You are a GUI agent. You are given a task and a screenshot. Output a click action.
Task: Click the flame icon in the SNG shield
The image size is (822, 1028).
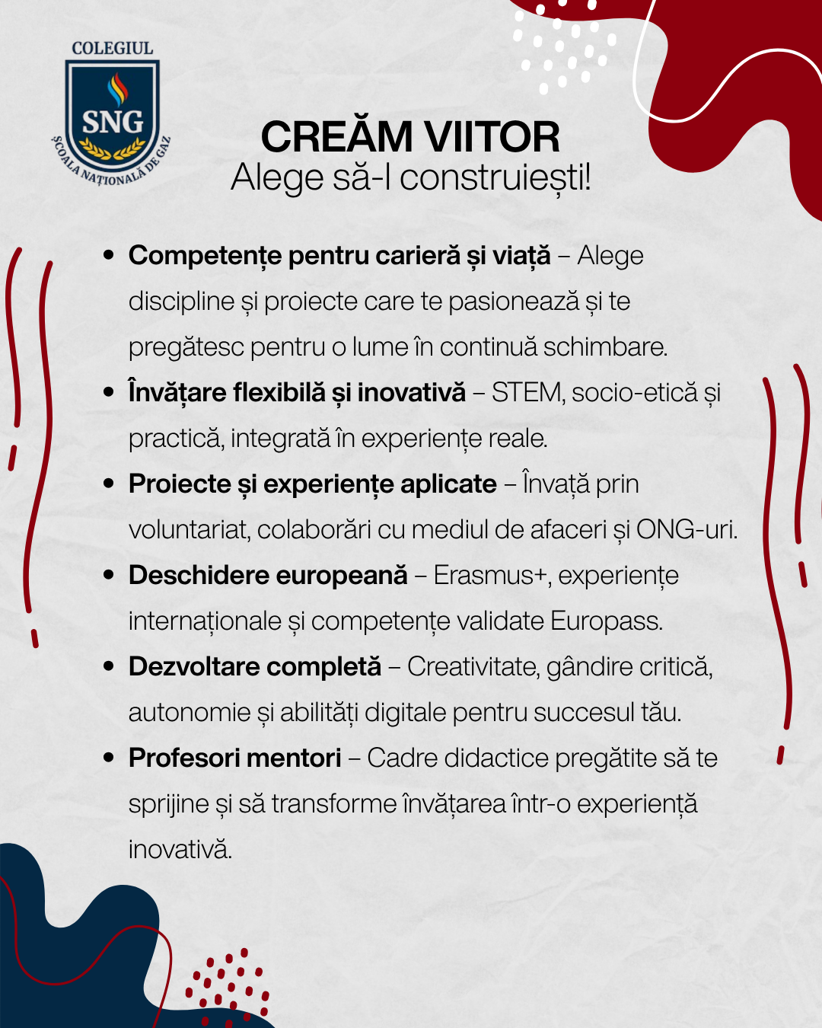pyautogui.click(x=117, y=89)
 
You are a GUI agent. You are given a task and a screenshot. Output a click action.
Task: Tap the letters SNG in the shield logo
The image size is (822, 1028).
pyautogui.click(x=113, y=122)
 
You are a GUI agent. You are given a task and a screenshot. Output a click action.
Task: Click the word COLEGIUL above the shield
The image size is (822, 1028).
pyautogui.click(x=112, y=48)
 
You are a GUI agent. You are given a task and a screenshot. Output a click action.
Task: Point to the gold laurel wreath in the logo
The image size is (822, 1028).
pyautogui.click(x=112, y=148)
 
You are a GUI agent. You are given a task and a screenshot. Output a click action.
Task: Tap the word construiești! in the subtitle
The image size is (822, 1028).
pyautogui.click(x=495, y=177)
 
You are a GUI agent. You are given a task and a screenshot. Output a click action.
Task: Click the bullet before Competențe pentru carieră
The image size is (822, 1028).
pyautogui.click(x=109, y=255)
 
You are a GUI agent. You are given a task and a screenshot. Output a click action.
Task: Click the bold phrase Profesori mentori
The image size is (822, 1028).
pyautogui.click(x=235, y=758)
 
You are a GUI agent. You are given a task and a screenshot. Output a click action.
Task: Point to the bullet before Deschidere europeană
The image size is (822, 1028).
pyautogui.click(x=109, y=575)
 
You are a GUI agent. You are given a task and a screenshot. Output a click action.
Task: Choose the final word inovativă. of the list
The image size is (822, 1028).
pyautogui.click(x=180, y=849)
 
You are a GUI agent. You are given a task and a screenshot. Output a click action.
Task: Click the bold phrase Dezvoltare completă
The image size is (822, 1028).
pyautogui.click(x=255, y=666)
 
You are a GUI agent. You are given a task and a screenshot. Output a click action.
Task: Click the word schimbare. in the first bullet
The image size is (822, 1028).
pyautogui.click(x=605, y=346)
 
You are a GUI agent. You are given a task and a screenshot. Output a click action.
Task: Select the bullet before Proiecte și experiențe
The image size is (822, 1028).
pyautogui.click(x=109, y=484)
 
